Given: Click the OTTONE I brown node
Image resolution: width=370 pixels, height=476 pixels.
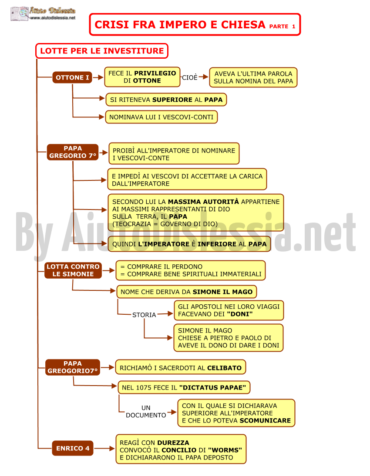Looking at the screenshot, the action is click(x=72, y=77).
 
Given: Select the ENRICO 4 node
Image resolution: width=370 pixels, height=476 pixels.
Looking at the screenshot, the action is click(x=73, y=448).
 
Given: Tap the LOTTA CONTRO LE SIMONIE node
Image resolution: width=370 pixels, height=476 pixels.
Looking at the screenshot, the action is click(x=73, y=270).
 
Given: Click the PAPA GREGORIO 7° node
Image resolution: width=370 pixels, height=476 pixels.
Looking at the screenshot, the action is click(x=73, y=152).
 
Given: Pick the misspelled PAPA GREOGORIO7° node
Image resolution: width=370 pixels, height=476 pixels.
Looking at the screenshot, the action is click(x=73, y=367).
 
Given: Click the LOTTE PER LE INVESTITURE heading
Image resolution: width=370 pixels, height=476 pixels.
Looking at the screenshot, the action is click(x=102, y=51).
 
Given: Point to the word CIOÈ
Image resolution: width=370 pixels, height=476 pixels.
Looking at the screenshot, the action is click(x=190, y=78).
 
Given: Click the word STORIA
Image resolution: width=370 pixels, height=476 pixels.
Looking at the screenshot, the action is click(x=144, y=315).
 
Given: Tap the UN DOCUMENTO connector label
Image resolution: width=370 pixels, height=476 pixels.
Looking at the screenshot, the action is click(x=146, y=411).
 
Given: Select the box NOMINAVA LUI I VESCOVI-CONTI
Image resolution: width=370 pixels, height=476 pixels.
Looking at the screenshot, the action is click(x=161, y=117).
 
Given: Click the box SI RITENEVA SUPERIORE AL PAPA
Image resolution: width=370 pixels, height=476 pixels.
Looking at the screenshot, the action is click(x=166, y=100).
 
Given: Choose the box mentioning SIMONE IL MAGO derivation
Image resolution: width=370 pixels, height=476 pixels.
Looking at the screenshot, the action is click(x=187, y=292).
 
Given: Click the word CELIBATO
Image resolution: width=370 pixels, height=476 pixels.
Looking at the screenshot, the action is click(x=224, y=368).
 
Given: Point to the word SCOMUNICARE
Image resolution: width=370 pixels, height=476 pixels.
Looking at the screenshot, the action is click(x=265, y=420).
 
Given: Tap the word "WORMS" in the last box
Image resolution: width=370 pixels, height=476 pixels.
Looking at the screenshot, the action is click(x=225, y=450).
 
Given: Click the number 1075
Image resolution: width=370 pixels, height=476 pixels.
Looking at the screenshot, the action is click(x=144, y=388).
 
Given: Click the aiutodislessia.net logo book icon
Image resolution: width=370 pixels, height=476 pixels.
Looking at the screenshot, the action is click(x=20, y=13).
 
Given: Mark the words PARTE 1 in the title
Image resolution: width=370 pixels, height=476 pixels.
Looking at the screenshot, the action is click(x=282, y=27).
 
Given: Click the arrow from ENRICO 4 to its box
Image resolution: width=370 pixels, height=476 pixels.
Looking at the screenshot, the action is click(x=104, y=448).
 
